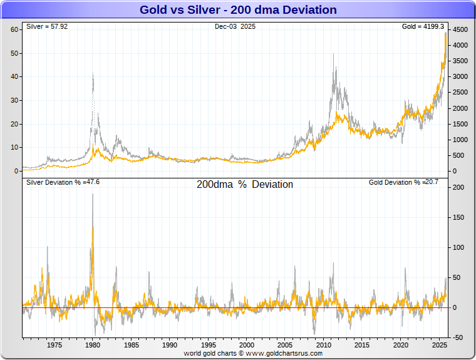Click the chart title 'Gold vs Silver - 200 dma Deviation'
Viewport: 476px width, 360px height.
[238, 10]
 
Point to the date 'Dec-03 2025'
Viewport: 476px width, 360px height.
[235, 27]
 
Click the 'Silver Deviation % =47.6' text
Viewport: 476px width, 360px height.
[63, 182]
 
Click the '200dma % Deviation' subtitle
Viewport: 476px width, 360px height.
[245, 185]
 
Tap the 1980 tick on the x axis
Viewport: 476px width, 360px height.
[93, 345]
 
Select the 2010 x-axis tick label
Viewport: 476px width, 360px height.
[323, 345]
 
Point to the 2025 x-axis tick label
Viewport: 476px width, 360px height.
[438, 345]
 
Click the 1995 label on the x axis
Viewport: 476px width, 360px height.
[208, 345]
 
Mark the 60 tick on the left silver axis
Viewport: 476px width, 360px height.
[14, 30]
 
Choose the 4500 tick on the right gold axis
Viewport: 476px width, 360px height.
[460, 30]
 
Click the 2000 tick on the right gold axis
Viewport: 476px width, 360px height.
[460, 108]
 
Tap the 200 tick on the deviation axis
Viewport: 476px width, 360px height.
[457, 187]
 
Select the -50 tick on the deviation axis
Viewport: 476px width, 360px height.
[457, 337]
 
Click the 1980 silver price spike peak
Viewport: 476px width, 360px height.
[93, 73]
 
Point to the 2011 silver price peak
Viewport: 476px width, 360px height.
[333, 54]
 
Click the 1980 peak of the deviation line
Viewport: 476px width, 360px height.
[93, 194]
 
